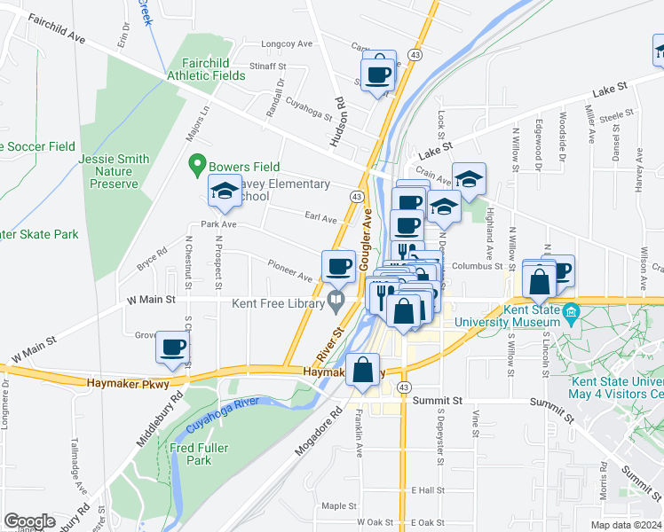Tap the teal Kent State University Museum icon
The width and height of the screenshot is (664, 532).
571,313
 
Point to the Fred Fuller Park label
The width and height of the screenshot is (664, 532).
191,454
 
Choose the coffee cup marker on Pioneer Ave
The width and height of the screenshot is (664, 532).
338,265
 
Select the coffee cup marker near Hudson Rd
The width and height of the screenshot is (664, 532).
379,73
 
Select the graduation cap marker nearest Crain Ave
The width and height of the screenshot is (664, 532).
469,178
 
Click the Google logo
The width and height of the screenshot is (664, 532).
29,521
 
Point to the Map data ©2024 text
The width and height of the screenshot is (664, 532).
626,525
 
